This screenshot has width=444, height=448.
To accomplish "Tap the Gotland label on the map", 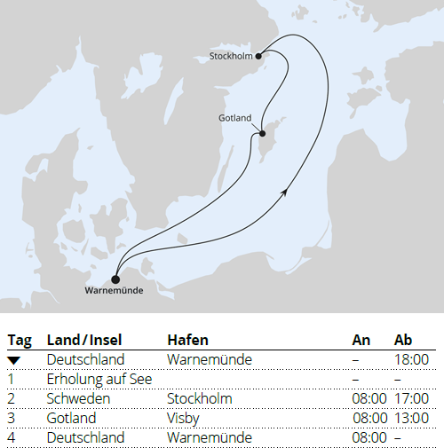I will (234, 118).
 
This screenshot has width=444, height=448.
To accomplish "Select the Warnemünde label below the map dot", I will (114, 290).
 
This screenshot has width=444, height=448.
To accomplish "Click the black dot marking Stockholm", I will (258, 56).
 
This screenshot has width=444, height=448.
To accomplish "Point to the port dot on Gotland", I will (263, 134).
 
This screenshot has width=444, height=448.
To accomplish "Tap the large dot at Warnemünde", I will (115, 278).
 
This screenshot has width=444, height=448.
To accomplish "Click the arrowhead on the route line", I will (283, 193).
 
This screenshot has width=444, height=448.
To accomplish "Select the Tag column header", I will (19, 340).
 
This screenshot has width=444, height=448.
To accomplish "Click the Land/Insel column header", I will (84, 340).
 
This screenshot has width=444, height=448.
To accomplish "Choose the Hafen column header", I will (186, 340).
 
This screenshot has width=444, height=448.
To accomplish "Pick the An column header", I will (361, 340).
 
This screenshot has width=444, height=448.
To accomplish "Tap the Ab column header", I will (403, 340).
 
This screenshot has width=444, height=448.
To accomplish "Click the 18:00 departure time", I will (411, 360).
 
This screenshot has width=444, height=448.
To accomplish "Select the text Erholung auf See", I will (99, 380).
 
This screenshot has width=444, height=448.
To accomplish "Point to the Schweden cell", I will (79, 399).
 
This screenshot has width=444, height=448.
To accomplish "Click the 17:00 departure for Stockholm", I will (411, 399).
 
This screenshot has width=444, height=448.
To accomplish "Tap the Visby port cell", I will (183, 418).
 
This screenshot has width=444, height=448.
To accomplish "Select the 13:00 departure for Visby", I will (411, 418).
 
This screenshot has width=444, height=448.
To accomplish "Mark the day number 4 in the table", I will (12, 437).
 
